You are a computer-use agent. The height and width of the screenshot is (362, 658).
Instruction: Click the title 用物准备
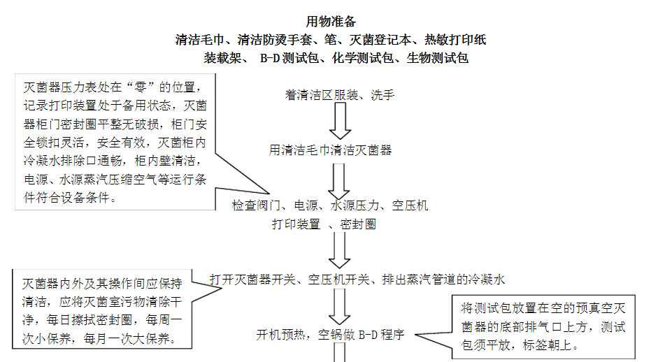tap(331, 22)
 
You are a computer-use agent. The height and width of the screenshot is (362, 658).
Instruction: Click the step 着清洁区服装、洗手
tap(340, 96)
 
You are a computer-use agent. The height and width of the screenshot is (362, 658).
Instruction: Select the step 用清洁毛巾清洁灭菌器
tap(331, 150)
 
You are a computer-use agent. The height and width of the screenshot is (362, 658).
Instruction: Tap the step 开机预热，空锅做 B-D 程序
tap(330, 334)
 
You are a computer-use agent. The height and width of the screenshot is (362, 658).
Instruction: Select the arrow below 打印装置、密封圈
tap(340, 250)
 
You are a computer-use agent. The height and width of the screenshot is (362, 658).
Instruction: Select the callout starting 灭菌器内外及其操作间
tap(103, 312)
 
